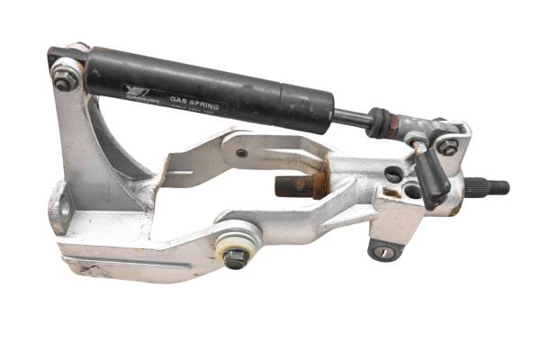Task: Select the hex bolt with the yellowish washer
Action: click(236, 257)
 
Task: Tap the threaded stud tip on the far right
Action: click(496, 188)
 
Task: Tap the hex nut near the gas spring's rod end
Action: click(446, 147)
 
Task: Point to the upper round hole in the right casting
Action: click(393, 173)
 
